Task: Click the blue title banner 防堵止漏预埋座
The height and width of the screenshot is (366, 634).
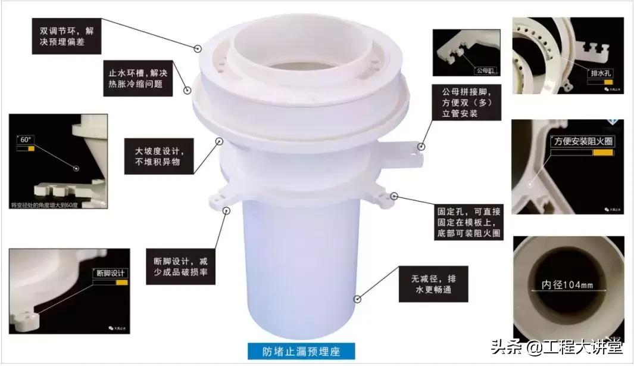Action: tap(301, 351)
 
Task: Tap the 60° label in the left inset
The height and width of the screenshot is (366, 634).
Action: tap(25, 140)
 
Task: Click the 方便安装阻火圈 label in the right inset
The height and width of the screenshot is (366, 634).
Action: tap(583, 142)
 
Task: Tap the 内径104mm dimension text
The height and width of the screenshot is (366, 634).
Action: tap(567, 284)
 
